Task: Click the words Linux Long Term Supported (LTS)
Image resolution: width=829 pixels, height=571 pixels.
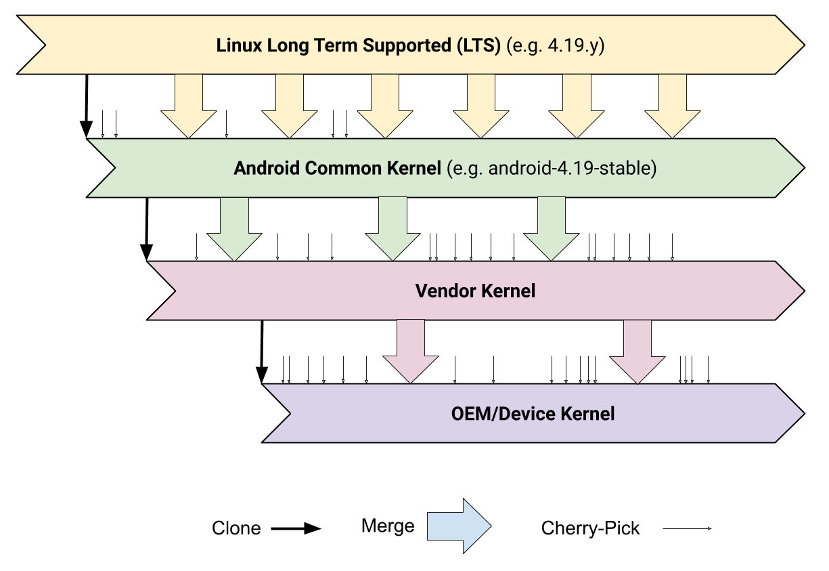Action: pyautogui.click(x=358, y=45)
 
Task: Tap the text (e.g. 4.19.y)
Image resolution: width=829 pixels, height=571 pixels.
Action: pyautogui.click(x=556, y=45)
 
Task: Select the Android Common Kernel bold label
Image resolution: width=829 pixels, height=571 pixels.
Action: pyautogui.click(x=337, y=168)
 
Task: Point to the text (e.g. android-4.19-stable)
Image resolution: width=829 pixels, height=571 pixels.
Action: pyautogui.click(x=552, y=168)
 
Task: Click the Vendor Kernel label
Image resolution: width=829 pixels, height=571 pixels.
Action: pyautogui.click(x=475, y=291)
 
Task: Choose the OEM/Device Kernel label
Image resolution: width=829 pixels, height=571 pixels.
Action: pyautogui.click(x=533, y=414)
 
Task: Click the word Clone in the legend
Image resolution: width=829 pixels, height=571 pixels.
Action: pyautogui.click(x=236, y=528)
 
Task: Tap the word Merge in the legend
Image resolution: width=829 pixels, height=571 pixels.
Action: pyautogui.click(x=388, y=526)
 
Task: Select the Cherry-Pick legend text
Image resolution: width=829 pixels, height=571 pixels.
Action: pyautogui.click(x=590, y=528)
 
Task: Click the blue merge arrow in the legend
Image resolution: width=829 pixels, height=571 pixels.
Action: pyautogui.click(x=460, y=526)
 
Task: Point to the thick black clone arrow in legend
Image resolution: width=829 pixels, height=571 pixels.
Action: pyautogui.click(x=296, y=528)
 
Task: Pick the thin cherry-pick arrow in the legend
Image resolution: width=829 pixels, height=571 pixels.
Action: pyautogui.click(x=687, y=528)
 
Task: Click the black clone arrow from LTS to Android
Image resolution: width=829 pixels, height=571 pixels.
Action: pyautogui.click(x=87, y=106)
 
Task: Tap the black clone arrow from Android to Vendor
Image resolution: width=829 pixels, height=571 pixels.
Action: pyautogui.click(x=147, y=230)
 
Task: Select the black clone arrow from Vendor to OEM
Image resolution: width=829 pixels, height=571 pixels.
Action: pyautogui.click(x=262, y=352)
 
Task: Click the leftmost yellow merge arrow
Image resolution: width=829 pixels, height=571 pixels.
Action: pyautogui.click(x=189, y=106)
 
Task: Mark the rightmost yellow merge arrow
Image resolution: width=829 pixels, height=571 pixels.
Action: pyautogui.click(x=673, y=106)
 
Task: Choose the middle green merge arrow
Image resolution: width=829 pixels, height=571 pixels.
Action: pyautogui.click(x=393, y=229)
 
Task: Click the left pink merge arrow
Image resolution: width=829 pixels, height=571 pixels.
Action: pyautogui.click(x=411, y=352)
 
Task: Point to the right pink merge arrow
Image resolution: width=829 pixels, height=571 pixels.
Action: pyautogui.click(x=637, y=352)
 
